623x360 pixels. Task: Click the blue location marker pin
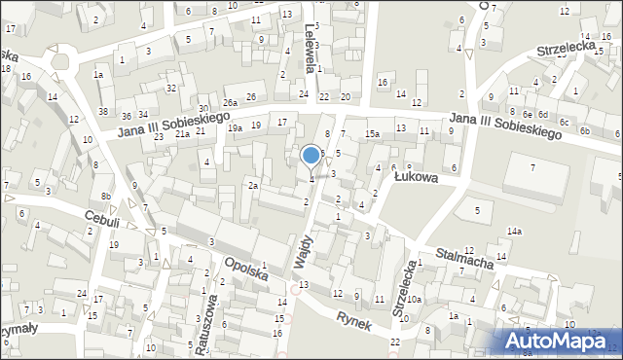click(x=311, y=156)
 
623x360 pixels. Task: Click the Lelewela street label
click(x=311, y=49)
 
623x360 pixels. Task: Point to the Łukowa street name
click(x=416, y=178)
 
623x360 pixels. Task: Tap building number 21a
click(x=182, y=134)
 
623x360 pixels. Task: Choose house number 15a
click(x=372, y=133)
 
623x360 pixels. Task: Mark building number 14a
click(x=513, y=231)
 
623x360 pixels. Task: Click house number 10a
click(x=414, y=299)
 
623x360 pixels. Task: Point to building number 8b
click(x=106, y=198)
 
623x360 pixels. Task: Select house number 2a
click(x=252, y=186)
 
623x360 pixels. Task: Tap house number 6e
click(x=526, y=114)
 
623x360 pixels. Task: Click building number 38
click(x=103, y=112)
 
